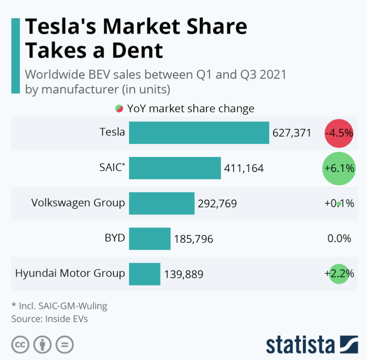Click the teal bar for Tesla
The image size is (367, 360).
[199, 133]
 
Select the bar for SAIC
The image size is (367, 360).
[175, 168]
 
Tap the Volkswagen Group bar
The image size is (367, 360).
[162, 203]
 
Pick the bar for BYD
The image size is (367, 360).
[149, 238]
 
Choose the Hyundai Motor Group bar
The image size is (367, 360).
[144, 274]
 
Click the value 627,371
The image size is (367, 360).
[291, 133]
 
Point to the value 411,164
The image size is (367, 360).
[244, 168]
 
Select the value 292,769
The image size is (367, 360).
[217, 203]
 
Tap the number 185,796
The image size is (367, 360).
[193, 239]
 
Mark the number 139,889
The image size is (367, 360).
[183, 274]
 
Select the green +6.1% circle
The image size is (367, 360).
[339, 168]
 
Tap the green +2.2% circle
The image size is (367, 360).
[339, 274]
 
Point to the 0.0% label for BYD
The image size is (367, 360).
[339, 238]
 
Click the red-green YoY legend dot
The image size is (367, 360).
[119, 109]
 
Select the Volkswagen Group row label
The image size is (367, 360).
[78, 203]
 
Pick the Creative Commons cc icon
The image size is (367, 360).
[20, 345]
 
